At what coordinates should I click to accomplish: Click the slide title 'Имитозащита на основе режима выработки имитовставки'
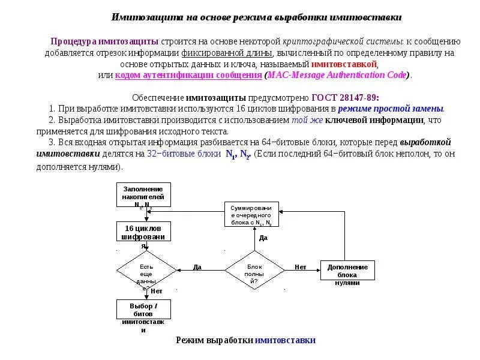coord(257,17)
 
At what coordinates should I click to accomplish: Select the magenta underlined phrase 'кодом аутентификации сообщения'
coord(188,75)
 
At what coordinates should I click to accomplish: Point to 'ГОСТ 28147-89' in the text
coord(345,97)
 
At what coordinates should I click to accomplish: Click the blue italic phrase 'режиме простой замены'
coord(391,109)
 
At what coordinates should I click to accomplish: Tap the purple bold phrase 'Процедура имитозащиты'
coord(104,41)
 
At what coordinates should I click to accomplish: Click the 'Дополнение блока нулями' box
coord(347,271)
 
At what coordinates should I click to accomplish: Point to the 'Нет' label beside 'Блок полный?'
coord(301,267)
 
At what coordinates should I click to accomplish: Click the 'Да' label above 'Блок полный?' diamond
coord(263,238)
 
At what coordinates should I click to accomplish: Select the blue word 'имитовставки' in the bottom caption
coord(285,340)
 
